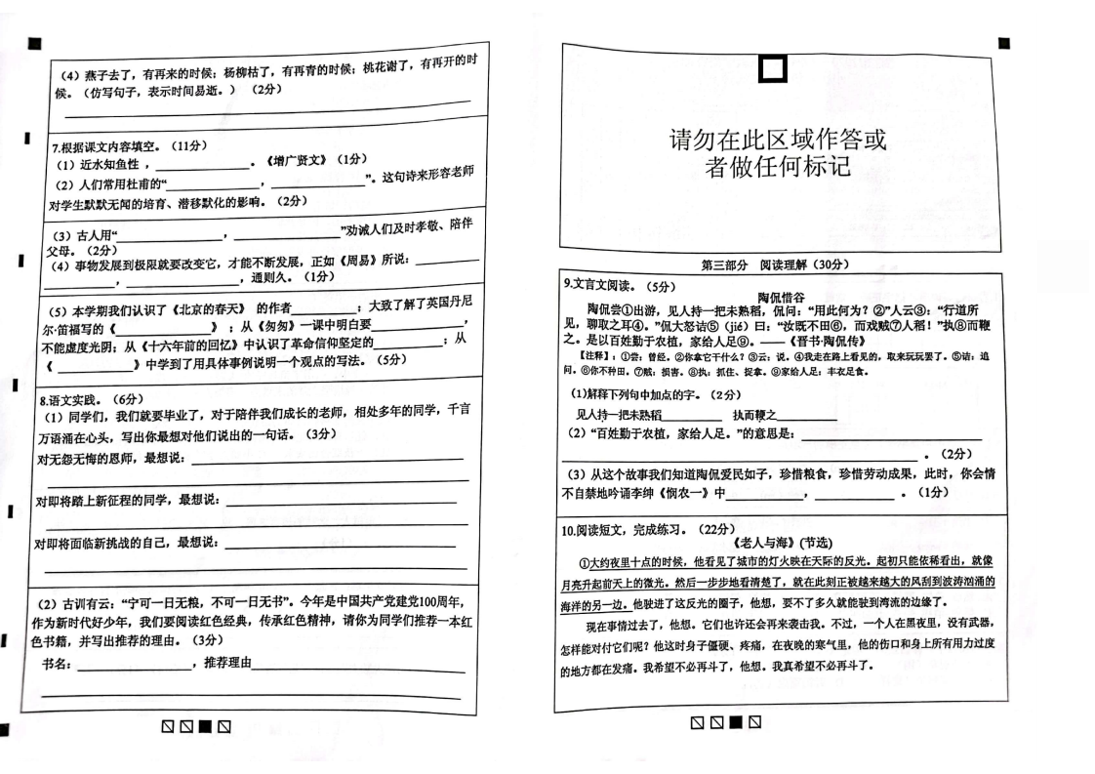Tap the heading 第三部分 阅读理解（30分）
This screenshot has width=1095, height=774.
pos(775,265)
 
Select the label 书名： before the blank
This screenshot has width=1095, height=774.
pos(57,664)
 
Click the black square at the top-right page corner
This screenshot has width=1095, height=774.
pos(1004,43)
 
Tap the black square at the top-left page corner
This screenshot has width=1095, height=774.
pos(34,43)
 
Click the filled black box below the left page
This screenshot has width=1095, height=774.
pos(205,726)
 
